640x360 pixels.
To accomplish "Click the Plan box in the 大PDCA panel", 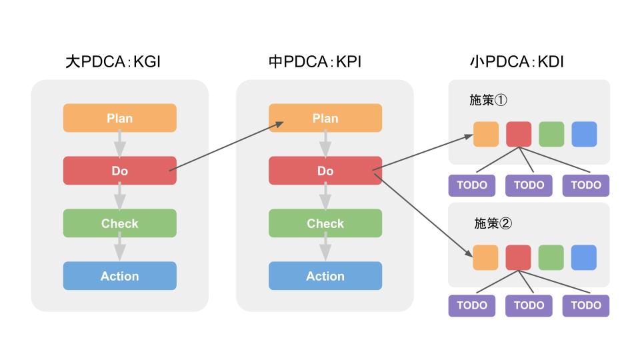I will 120,118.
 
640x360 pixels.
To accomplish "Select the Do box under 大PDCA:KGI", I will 120,171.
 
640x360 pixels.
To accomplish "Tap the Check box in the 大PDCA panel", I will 120,223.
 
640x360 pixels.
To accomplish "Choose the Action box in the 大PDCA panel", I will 120,276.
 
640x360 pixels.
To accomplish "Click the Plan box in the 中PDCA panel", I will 325,118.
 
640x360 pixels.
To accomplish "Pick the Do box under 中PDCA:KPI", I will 325,171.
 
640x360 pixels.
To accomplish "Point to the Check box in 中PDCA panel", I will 325,223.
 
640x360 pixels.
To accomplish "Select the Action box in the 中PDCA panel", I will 325,276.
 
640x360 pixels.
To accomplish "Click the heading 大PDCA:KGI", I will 113,63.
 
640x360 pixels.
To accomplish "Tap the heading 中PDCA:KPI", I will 315,63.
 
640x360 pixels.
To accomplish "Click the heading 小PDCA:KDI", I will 517,63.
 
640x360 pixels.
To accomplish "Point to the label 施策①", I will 489,100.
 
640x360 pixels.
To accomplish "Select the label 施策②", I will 493,223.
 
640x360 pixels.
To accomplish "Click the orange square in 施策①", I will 486,134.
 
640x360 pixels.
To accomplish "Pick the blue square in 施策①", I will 584,134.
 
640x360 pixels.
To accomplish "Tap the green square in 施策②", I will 551,257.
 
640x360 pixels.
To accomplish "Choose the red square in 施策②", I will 519,257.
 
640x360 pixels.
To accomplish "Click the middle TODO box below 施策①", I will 529,185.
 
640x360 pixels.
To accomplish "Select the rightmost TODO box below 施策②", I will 586,305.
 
